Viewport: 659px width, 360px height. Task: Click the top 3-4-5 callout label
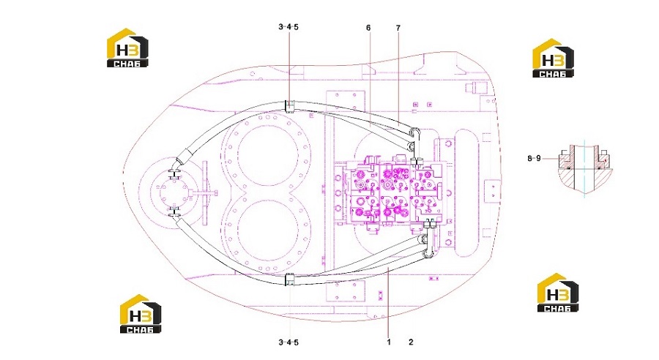(288, 27)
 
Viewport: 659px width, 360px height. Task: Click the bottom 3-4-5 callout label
(288, 342)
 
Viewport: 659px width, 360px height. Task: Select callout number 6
(368, 28)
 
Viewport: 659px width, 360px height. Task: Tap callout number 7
(398, 28)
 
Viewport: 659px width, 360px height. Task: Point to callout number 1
(389, 342)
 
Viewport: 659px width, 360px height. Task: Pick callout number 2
(411, 342)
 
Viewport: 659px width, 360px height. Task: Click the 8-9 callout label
(535, 158)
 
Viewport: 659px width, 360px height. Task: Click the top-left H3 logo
(127, 48)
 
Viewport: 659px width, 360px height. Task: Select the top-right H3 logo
(553, 58)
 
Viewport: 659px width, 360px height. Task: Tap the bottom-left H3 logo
(141, 314)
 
